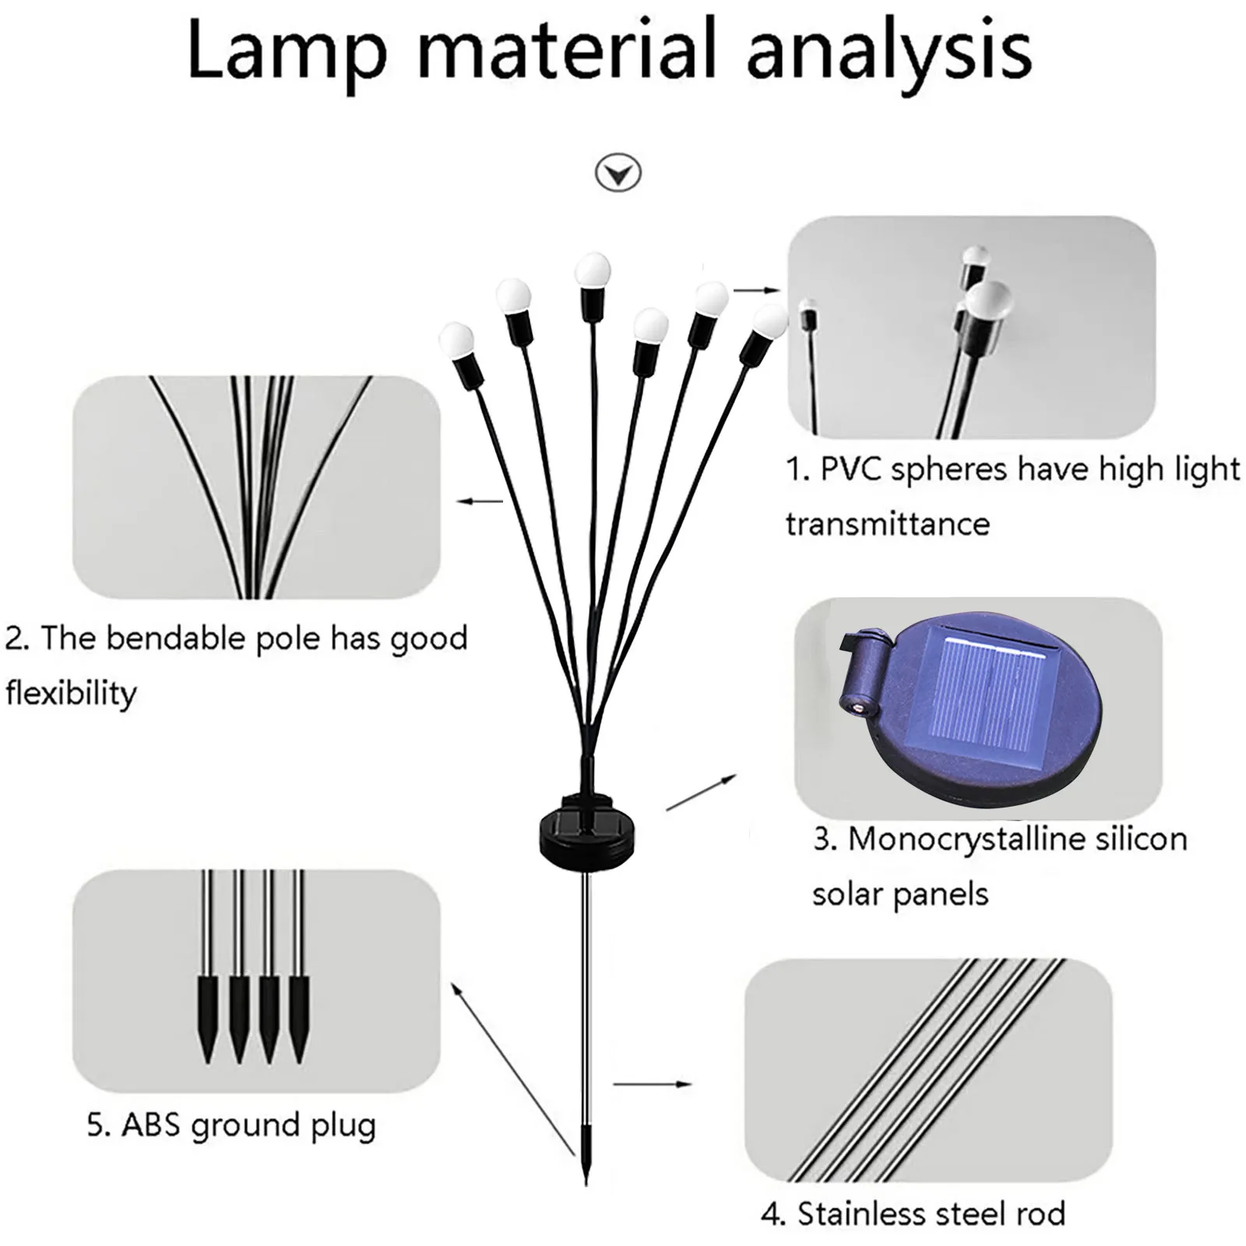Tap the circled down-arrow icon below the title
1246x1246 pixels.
coord(618,172)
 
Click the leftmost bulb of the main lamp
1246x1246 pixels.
coord(456,340)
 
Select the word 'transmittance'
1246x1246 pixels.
coord(887,523)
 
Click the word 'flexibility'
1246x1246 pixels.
coord(71,692)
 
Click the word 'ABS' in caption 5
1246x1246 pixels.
coord(153,1125)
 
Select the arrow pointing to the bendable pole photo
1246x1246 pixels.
coord(480,502)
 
